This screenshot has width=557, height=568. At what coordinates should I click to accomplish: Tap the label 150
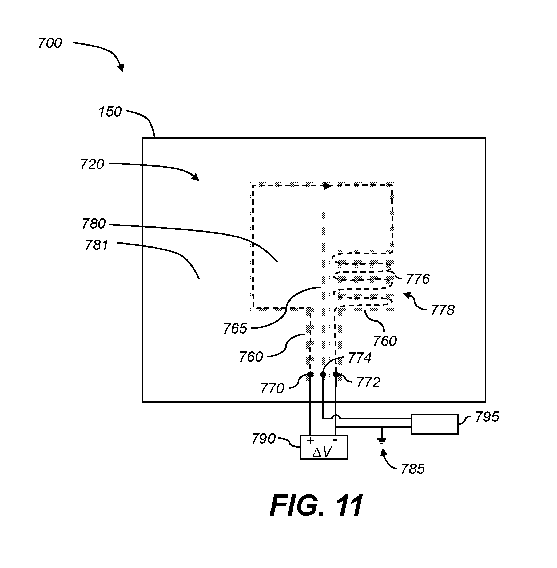point(110,112)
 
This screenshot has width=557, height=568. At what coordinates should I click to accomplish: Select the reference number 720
point(92,164)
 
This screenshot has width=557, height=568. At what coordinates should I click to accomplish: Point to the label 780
point(94,224)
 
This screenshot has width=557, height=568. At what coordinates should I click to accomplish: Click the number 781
point(97,245)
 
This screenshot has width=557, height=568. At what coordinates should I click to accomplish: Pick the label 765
point(235,329)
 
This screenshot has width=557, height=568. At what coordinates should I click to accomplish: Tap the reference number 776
point(418,279)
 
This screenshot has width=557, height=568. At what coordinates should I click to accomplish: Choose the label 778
point(443,310)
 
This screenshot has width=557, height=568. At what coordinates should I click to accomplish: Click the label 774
point(360,358)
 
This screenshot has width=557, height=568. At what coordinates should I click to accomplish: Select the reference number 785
point(413,469)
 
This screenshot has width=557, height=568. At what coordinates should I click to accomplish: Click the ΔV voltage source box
point(324,447)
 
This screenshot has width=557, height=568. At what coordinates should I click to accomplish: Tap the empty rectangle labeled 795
point(435,424)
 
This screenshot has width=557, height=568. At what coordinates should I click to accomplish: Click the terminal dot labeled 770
point(311,374)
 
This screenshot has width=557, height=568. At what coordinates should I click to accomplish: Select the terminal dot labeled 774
point(323,374)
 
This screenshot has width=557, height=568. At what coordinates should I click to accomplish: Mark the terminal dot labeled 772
point(336,374)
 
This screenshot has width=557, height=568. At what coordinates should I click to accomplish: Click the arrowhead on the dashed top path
point(328,186)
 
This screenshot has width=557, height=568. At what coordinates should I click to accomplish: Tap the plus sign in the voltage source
point(311,441)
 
